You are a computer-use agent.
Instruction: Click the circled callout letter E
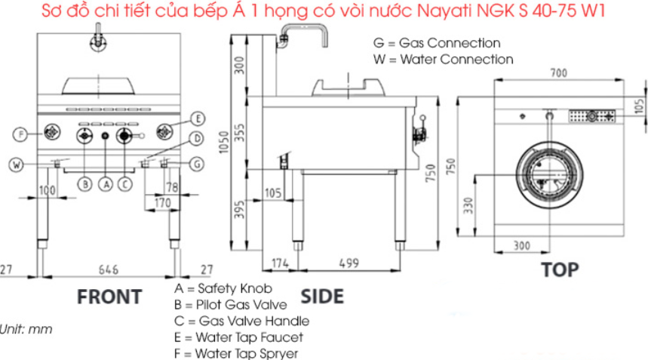tap(198, 119)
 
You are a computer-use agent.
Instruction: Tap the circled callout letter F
tap(20, 134)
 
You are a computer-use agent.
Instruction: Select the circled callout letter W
tap(16, 165)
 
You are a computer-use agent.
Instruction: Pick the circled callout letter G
tap(197, 165)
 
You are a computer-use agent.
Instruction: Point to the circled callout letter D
tap(197, 139)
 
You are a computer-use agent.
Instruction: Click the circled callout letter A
tap(106, 184)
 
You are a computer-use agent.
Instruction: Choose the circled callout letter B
tap(85, 184)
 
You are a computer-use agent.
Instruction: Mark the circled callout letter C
tap(124, 184)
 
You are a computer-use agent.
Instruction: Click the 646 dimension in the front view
tap(109, 270)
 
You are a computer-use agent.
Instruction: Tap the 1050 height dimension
tap(223, 142)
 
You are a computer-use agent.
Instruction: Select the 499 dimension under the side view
tap(349, 263)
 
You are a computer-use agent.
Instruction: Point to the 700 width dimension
tap(558, 73)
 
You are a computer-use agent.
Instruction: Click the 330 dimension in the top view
tap(468, 205)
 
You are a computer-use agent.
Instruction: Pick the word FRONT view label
tap(109, 297)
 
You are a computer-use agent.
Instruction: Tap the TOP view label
tap(560, 270)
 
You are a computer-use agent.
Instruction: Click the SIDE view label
tap(322, 297)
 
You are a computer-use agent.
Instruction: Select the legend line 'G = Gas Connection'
tap(437, 43)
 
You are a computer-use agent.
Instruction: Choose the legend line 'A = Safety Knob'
tap(223, 288)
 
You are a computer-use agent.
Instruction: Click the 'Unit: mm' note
tap(26, 329)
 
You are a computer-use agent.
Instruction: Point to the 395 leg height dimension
tap(239, 210)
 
